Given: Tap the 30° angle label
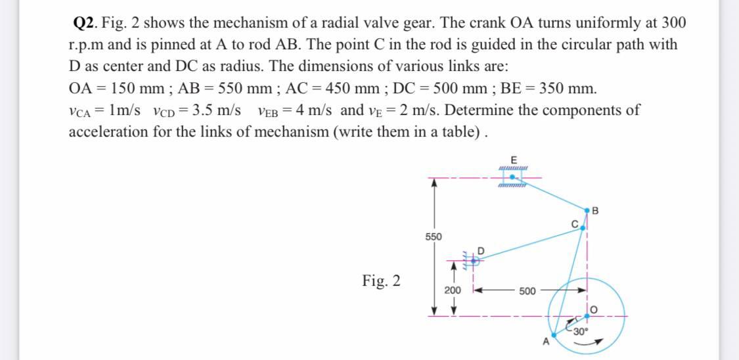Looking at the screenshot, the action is (581, 330).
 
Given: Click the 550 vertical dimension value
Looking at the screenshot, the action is (433, 236).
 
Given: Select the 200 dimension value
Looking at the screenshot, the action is (452, 290).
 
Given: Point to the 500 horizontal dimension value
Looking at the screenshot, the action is (527, 290).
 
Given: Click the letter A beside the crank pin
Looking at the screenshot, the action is (543, 342).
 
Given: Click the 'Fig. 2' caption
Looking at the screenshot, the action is (381, 281).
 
